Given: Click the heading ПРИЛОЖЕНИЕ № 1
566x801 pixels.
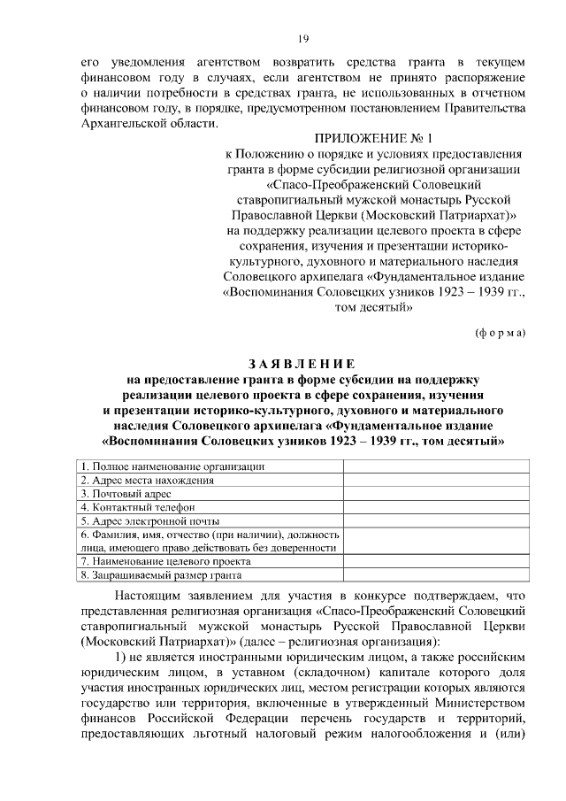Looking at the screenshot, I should pyautogui.click(x=375, y=138).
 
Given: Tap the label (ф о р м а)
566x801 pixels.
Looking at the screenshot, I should pyautogui.click(x=501, y=333).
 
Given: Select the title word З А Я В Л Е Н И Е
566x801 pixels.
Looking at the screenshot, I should pyautogui.click(x=302, y=364).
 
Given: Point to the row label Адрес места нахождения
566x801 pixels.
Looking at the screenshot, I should pyautogui.click(x=148, y=481).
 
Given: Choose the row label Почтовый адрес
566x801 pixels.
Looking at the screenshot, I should pyautogui.click(x=126, y=494).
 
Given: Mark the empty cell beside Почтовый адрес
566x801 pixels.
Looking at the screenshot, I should pyautogui.click(x=436, y=494).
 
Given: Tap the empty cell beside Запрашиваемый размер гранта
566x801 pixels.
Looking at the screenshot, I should pyautogui.click(x=436, y=575).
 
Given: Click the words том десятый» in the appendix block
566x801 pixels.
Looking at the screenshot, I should pyautogui.click(x=375, y=308).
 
